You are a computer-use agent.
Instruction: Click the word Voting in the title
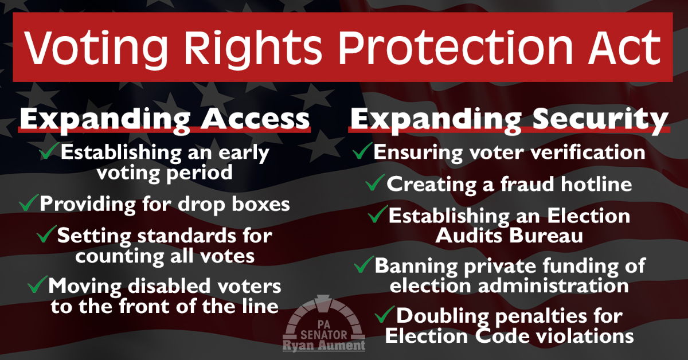coord(96,48)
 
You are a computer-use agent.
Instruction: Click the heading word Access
coord(255,119)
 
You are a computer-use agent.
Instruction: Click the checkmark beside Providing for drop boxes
coord(29,202)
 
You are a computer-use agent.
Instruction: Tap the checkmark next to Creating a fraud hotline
coord(376,182)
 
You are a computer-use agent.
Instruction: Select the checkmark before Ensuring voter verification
coord(362,151)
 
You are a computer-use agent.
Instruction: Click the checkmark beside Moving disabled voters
coord(37,284)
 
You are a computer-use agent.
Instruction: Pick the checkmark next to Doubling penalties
coord(385,314)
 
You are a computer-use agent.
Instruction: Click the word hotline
coord(596,184)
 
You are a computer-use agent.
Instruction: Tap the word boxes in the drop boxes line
coord(261,204)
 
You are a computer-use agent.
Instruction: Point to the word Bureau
coord(546,236)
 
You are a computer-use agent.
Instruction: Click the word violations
coord(585,336)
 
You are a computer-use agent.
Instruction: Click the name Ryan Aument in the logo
coord(324,345)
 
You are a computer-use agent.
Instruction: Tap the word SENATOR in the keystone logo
coord(324,334)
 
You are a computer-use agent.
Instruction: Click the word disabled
coord(170,286)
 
